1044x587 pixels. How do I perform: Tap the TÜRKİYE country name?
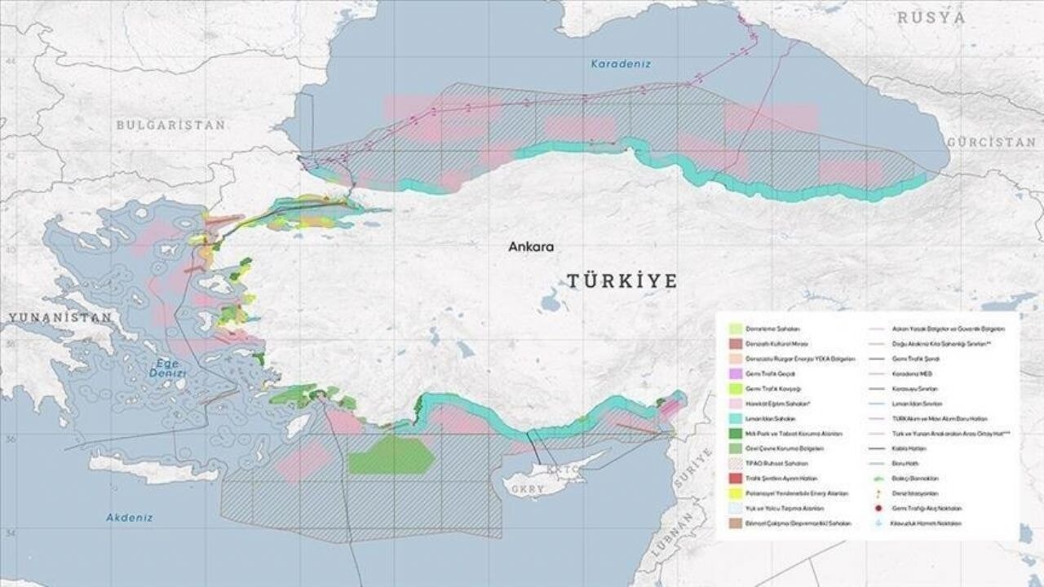click(x=622, y=281)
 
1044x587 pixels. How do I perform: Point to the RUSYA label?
click(x=932, y=17)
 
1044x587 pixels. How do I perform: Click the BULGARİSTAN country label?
click(x=170, y=125)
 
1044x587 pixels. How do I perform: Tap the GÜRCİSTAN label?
click(x=991, y=142)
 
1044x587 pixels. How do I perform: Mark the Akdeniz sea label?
click(x=130, y=517)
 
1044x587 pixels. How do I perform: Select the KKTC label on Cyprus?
click(x=564, y=470)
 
